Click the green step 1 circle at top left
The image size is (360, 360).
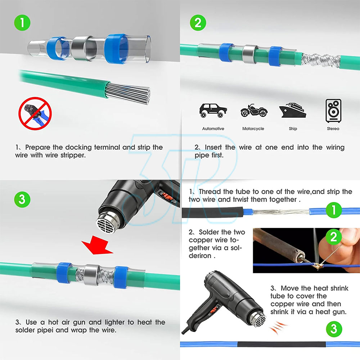(22, 23)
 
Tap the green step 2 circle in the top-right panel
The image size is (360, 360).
(198, 23)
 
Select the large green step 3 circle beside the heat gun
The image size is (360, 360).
(22, 199)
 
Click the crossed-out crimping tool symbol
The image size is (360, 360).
(35, 113)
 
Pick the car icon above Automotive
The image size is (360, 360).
(213, 111)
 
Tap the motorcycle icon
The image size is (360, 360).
(254, 111)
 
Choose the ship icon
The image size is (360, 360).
(293, 111)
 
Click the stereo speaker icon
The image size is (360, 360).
(333, 111)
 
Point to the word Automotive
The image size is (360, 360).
(213, 129)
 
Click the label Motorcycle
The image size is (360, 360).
(253, 129)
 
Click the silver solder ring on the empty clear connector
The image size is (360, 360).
(82, 48)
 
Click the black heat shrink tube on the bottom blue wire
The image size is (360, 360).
(282, 345)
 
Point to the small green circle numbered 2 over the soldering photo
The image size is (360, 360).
(334, 237)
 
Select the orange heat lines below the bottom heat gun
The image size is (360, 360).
(278, 327)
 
